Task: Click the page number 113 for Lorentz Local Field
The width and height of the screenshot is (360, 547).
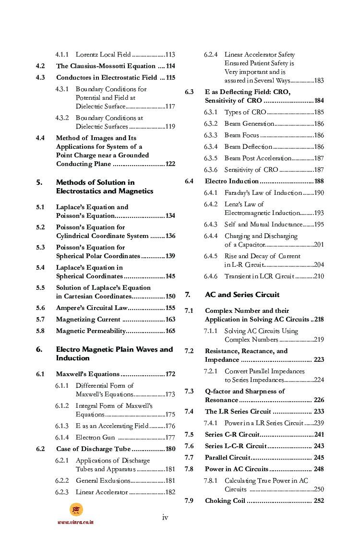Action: [170, 55]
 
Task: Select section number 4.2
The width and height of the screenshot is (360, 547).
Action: [40, 66]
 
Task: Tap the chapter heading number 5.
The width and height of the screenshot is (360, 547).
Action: [39, 182]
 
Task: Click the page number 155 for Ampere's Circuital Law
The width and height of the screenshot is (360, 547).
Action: [170, 308]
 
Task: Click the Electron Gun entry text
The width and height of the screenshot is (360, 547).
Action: [95, 438]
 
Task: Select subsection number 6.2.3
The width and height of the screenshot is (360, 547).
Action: [61, 492]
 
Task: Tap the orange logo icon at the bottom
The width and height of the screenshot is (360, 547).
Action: [76, 510]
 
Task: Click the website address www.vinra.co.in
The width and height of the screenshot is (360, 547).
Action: [75, 522]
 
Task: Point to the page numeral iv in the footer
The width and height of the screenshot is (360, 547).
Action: [165, 517]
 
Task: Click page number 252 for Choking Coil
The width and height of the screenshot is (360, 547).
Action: [319, 501]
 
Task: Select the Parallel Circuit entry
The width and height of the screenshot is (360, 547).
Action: [228, 458]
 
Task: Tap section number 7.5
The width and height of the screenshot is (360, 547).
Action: [189, 435]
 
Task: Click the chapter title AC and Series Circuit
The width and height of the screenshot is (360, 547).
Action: [242, 295]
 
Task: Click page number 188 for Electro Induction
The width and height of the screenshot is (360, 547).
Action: [319, 181]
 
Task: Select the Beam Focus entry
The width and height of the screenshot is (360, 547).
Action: [241, 135]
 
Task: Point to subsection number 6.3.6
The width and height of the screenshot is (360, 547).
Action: [210, 170]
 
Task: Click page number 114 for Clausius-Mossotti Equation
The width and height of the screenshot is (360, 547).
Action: [170, 66]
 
